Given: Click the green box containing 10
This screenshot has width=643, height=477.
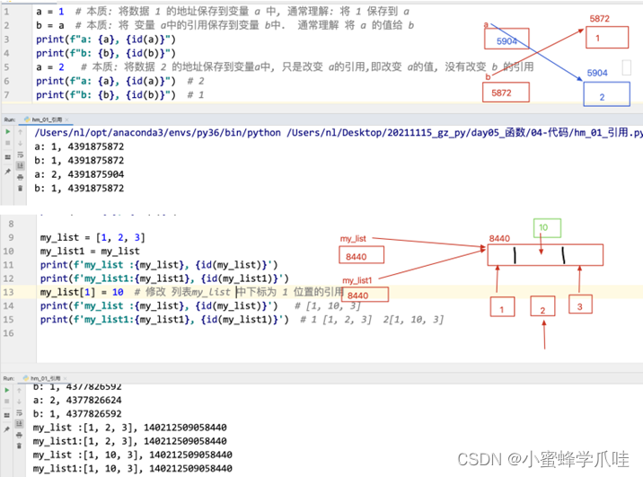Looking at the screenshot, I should (x=546, y=229).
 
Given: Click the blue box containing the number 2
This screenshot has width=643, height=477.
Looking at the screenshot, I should (x=602, y=95).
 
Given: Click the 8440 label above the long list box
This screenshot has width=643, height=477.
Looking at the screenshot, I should (x=499, y=238).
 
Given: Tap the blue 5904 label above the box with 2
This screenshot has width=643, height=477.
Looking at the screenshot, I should (x=597, y=73).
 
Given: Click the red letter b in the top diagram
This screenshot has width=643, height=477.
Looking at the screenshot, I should (x=487, y=77).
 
